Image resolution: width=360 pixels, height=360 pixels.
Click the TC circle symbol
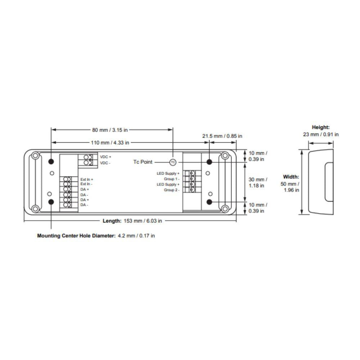coord(173,162)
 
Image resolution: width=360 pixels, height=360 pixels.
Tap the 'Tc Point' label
coord(143,162)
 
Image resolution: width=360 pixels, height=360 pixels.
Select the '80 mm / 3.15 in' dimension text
coord(110,130)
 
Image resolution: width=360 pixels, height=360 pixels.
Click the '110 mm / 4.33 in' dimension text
coord(110,143)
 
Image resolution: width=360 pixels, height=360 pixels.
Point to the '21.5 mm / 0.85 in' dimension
coord(222,136)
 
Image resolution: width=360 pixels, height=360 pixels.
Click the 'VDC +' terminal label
coord(105,157)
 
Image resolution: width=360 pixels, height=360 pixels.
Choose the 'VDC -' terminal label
coord(105,163)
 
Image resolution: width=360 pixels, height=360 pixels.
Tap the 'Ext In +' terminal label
coord(86,179)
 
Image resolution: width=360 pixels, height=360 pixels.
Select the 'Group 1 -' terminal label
coord(171,179)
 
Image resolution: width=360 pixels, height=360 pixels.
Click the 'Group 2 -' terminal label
coord(171,190)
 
